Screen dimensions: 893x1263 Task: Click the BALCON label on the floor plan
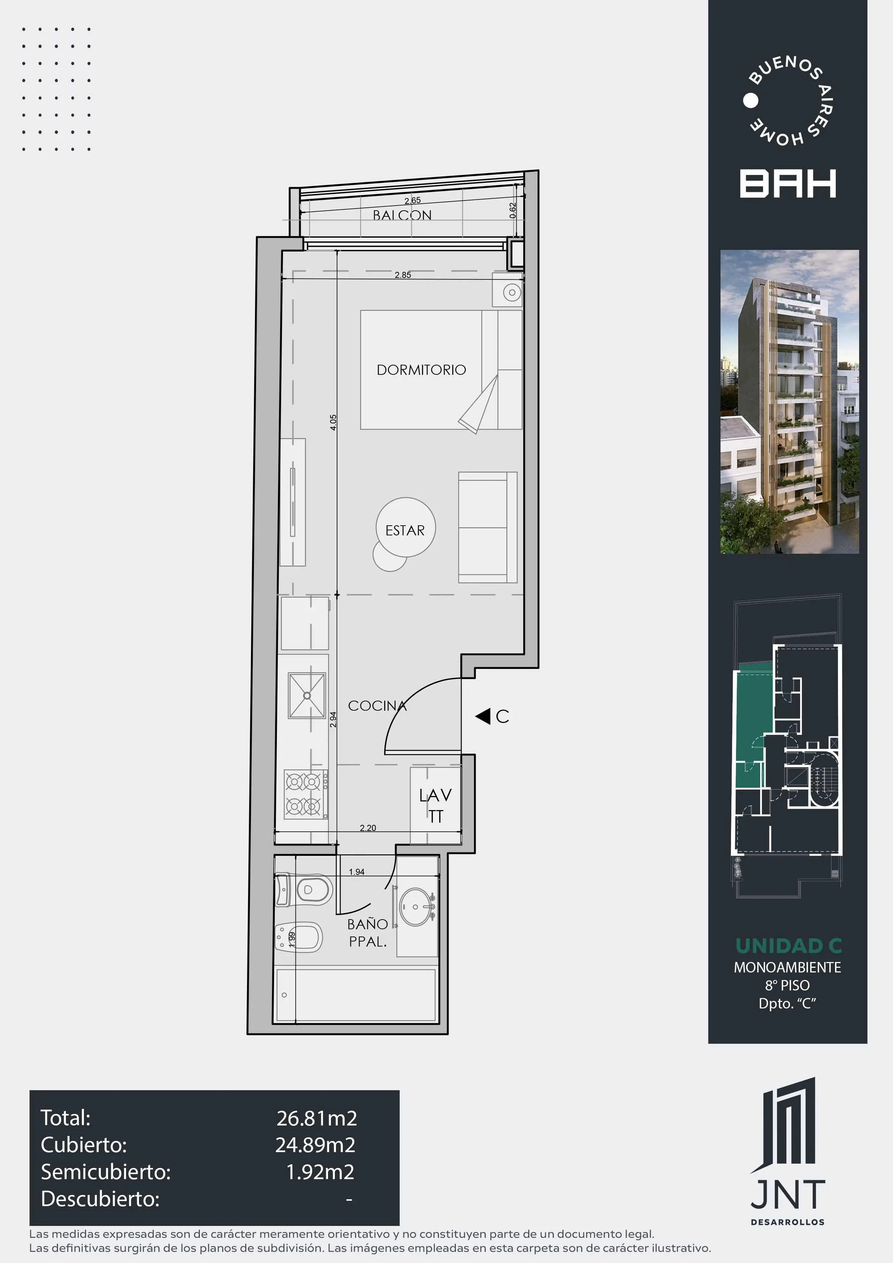[402, 215]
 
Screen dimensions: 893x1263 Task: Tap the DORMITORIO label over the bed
[421, 370]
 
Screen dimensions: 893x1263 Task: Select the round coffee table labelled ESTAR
[405, 527]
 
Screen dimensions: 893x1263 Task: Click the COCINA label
[377, 706]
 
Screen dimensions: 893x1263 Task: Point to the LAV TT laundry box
[435, 805]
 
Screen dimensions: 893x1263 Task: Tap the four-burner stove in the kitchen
[306, 794]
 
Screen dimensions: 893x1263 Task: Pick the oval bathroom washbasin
[417, 907]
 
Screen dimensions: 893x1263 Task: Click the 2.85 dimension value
[403, 275]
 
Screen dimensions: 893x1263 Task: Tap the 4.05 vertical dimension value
[333, 422]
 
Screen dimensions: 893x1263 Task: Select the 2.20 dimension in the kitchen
[368, 828]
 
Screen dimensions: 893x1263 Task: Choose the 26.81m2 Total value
[317, 1118]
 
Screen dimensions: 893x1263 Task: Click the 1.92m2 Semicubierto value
[320, 1172]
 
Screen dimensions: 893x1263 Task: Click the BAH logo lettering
[788, 184]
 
